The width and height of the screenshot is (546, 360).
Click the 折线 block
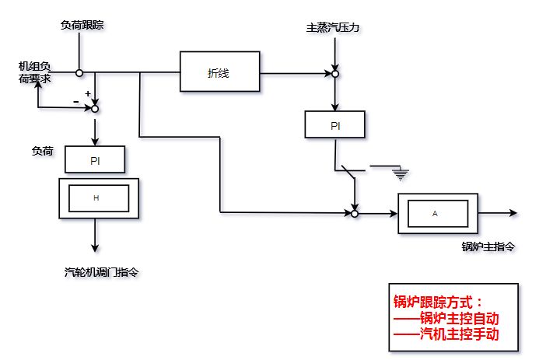[219, 72]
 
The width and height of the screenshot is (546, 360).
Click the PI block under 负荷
[96, 160]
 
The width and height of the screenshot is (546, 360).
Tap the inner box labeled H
[96, 198]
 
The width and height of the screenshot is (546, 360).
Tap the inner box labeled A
[435, 212]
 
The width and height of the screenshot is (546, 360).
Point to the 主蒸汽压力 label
[334, 28]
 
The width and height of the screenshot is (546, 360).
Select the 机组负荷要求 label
[35, 72]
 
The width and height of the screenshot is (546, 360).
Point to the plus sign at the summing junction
[88, 93]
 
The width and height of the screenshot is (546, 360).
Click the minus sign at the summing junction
[75, 103]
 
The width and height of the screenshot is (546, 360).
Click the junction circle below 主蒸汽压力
[335, 74]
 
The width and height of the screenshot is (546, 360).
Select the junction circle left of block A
[354, 212]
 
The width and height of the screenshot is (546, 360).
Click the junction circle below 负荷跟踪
[79, 72]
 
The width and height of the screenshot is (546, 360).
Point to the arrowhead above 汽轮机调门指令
[96, 248]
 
